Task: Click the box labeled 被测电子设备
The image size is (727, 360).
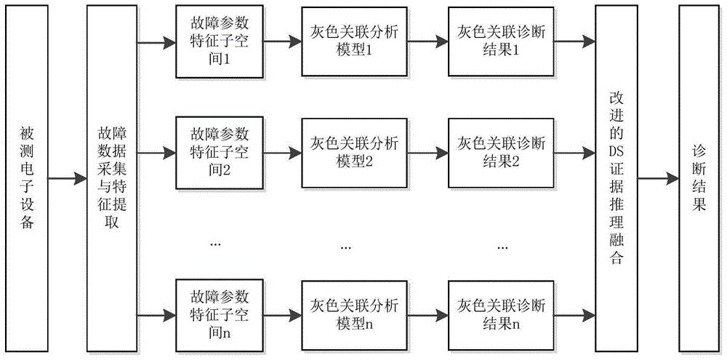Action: tap(27, 177)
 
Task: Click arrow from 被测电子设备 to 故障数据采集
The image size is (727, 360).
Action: tap(68, 177)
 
